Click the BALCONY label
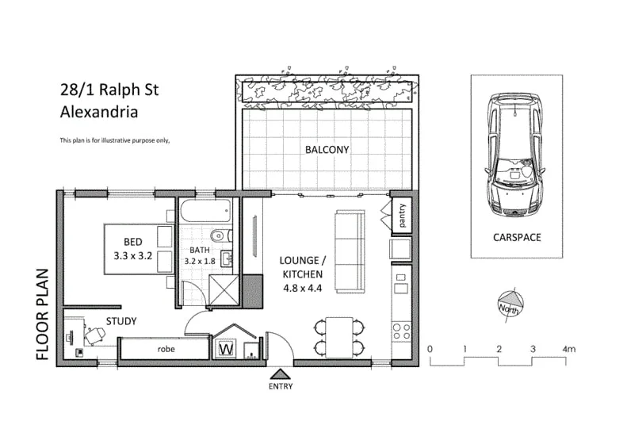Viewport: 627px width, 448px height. pyautogui.click(x=327, y=149)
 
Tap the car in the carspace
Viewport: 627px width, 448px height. pyautogui.click(x=516, y=155)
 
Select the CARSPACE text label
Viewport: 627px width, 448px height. pyautogui.click(x=516, y=237)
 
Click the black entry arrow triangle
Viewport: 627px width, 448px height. pyautogui.click(x=280, y=373)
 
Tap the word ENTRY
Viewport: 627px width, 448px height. pyautogui.click(x=280, y=387)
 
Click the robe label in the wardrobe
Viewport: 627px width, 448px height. pyautogui.click(x=166, y=348)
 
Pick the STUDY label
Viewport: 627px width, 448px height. pyautogui.click(x=121, y=321)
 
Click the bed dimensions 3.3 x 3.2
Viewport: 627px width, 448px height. pyautogui.click(x=132, y=256)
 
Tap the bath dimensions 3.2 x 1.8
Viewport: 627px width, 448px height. pyautogui.click(x=200, y=260)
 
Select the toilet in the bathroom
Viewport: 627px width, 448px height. pyautogui.click(x=220, y=235)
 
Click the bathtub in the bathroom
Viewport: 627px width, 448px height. pyautogui.click(x=205, y=213)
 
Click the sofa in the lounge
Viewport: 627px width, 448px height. pyautogui.click(x=350, y=250)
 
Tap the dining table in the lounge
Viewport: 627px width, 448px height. pyautogui.click(x=338, y=337)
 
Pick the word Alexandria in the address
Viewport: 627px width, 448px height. pyautogui.click(x=99, y=112)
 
